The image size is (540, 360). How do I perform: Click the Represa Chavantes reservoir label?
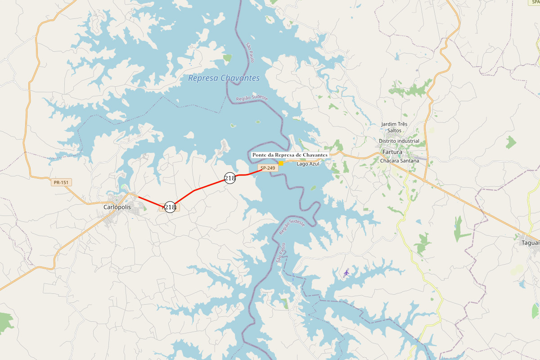(x=224, y=78)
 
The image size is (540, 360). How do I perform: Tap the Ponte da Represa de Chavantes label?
(x=290, y=155)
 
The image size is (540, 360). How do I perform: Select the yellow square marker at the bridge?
(x=281, y=163)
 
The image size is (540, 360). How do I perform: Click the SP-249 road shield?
(x=267, y=168)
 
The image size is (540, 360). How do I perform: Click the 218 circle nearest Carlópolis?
(x=170, y=207)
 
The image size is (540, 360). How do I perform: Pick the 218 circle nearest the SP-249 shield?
(x=230, y=178)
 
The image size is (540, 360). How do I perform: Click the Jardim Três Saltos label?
(x=394, y=127)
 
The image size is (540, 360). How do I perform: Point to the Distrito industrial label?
(x=399, y=141)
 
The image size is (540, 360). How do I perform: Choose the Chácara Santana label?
(x=399, y=161)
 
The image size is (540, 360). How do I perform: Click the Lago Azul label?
(x=308, y=164)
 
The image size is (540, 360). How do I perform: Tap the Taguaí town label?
(x=530, y=243)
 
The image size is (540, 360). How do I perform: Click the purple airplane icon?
(x=346, y=272)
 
